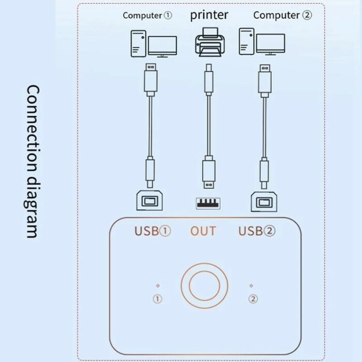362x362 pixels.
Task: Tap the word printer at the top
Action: (209, 15)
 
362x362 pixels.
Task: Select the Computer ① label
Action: (147, 16)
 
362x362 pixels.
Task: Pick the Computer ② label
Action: (282, 15)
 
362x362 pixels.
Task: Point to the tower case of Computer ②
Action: (246, 41)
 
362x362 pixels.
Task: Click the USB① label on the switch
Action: (153, 231)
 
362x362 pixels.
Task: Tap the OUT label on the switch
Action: (203, 231)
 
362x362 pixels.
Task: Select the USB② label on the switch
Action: (257, 231)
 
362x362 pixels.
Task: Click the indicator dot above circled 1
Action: (158, 285)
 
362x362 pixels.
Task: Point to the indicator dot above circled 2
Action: (251, 285)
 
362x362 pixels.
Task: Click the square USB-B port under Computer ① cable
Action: (149, 201)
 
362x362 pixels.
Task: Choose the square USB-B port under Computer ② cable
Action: (264, 202)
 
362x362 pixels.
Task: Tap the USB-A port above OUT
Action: (208, 203)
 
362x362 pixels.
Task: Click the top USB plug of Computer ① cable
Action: (151, 80)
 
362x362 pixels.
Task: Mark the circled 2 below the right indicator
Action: (253, 299)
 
